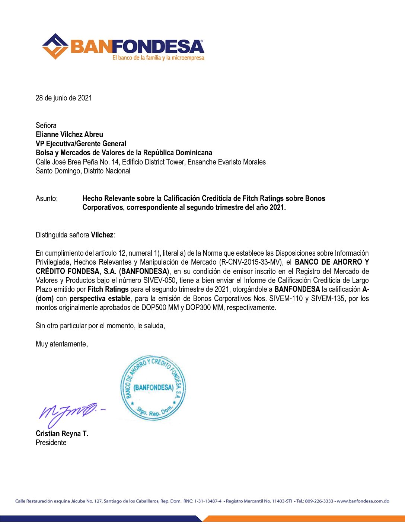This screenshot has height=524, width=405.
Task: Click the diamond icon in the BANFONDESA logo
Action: (55, 46)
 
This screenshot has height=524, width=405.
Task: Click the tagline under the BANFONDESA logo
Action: (158, 58)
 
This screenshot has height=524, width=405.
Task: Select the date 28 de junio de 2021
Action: (64, 98)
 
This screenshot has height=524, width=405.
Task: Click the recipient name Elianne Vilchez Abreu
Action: (69, 134)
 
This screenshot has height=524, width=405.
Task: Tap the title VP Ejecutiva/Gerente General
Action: (81, 144)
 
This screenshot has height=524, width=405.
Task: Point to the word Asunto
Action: (47, 198)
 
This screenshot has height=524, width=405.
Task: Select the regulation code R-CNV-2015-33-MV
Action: (251, 262)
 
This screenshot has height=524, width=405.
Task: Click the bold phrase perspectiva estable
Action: (100, 298)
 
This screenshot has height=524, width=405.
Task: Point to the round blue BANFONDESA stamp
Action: (153, 388)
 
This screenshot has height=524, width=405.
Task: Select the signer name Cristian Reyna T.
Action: (62, 434)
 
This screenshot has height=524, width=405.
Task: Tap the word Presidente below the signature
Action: (51, 442)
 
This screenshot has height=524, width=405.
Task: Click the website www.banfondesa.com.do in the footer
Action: (363, 501)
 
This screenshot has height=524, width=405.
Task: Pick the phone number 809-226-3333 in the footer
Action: (319, 501)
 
